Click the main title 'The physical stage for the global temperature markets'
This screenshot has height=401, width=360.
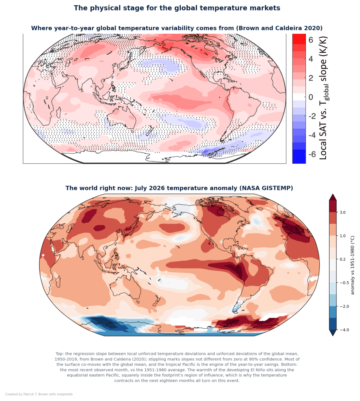(177, 8)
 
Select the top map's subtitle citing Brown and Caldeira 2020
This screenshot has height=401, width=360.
(177, 28)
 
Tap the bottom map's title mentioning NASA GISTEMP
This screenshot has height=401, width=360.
(179, 188)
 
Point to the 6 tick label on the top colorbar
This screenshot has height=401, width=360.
(311, 40)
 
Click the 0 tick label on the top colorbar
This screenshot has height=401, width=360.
(311, 97)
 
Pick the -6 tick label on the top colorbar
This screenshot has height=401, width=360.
(312, 154)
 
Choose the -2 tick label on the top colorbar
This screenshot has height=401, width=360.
(312, 116)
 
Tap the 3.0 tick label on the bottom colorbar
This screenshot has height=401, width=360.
(343, 212)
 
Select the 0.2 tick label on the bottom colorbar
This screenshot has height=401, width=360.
(343, 259)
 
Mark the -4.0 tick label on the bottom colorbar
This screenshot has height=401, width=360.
(344, 330)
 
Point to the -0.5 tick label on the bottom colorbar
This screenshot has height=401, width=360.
(344, 283)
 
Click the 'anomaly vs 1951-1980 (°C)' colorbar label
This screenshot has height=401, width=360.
(352, 265)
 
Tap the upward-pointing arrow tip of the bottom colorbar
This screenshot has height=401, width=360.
(333, 194)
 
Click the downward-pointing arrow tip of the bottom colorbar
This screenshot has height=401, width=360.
(333, 336)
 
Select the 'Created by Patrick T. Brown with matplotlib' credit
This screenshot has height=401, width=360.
(39, 394)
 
